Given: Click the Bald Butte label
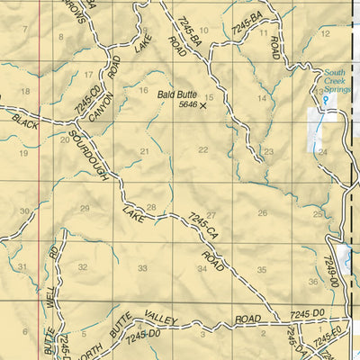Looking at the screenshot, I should click(x=177, y=93).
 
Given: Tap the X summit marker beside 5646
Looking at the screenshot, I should click(x=202, y=105).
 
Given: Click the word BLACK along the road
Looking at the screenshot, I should click(x=24, y=122).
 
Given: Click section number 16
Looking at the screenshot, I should click(x=142, y=90).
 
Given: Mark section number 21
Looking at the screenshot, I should click(x=144, y=151).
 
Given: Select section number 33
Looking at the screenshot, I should click(x=141, y=268).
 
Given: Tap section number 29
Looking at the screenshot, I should click(x=85, y=208).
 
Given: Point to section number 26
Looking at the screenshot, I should click(x=262, y=212).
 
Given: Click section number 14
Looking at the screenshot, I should click(x=262, y=97).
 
